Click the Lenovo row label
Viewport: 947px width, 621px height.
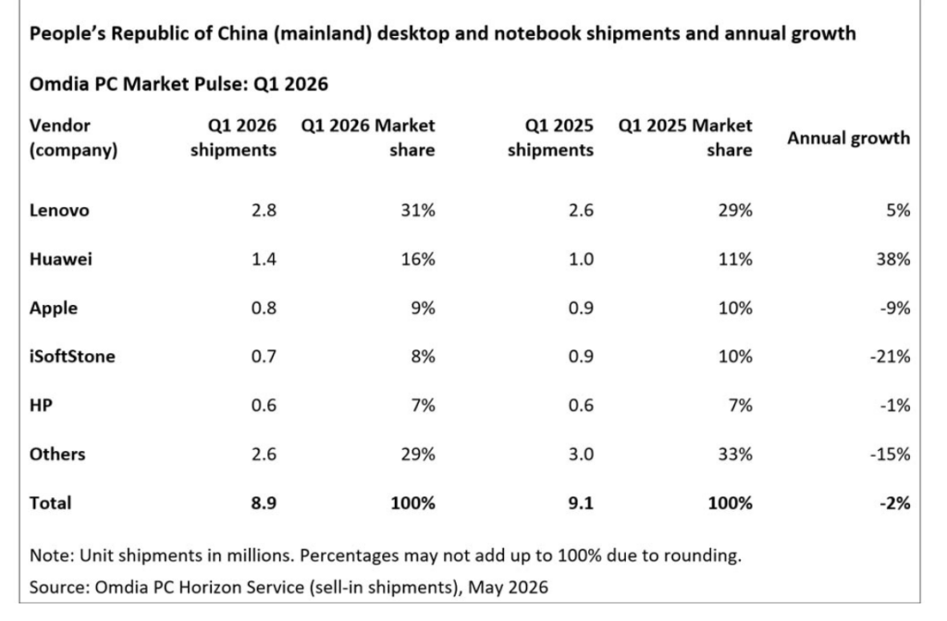tap(59, 210)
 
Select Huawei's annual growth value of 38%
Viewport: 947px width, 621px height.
tap(893, 259)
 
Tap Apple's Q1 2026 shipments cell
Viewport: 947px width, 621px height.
tap(264, 308)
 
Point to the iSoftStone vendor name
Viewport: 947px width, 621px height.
tap(72, 356)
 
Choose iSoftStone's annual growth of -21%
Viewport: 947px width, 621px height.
tap(891, 356)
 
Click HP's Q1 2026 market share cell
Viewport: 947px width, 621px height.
tap(423, 405)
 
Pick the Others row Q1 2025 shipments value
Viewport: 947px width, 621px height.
tap(581, 454)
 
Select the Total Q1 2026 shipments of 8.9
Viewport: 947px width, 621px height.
tap(264, 503)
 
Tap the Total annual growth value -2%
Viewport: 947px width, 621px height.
tap(895, 503)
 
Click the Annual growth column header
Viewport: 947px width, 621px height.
tap(849, 139)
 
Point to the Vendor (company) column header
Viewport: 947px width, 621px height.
tap(74, 138)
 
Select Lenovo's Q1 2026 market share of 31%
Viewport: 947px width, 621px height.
tap(418, 210)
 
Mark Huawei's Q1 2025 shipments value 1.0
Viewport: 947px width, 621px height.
tap(581, 259)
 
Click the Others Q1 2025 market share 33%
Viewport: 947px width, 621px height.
tap(735, 454)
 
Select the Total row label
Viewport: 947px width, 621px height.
tap(50, 503)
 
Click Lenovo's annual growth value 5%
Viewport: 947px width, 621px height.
tap(898, 210)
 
